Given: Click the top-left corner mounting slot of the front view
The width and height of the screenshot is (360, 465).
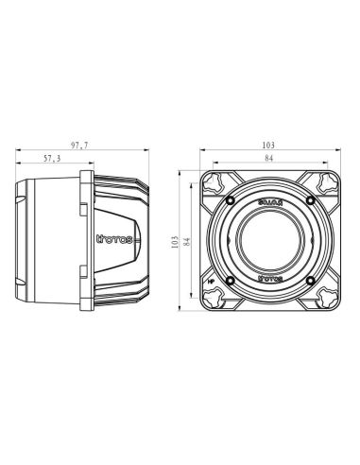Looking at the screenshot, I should coord(216,183).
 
